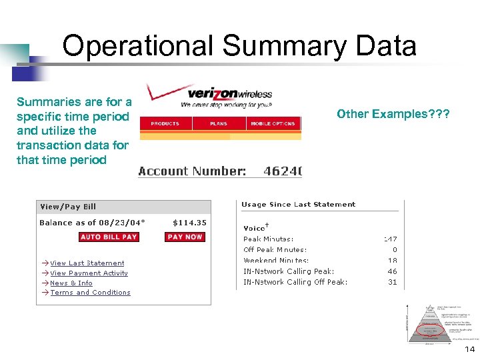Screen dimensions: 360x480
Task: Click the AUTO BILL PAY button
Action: tap(109, 237)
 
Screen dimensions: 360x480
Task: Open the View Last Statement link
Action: tap(87, 263)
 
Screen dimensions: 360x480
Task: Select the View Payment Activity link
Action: tap(89, 273)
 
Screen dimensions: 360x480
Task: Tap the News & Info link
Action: tap(71, 283)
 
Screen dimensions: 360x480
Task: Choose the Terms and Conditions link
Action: tap(90, 293)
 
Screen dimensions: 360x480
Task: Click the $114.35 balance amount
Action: tap(189, 223)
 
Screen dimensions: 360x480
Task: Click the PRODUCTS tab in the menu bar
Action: tap(165, 124)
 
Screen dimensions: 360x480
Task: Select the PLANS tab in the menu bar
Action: tap(219, 124)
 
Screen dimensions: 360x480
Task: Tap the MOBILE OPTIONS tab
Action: tap(273, 124)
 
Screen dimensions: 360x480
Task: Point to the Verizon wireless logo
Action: tap(220, 95)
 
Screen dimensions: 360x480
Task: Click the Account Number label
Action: tap(192, 171)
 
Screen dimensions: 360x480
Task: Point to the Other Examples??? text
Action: tap(393, 114)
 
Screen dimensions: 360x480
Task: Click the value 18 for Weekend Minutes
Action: tap(392, 261)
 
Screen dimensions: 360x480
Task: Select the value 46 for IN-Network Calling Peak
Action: tap(392, 271)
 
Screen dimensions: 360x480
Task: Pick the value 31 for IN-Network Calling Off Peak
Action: tap(392, 282)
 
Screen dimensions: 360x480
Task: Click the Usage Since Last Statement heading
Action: tap(298, 205)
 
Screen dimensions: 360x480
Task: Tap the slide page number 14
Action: tap(470, 350)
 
